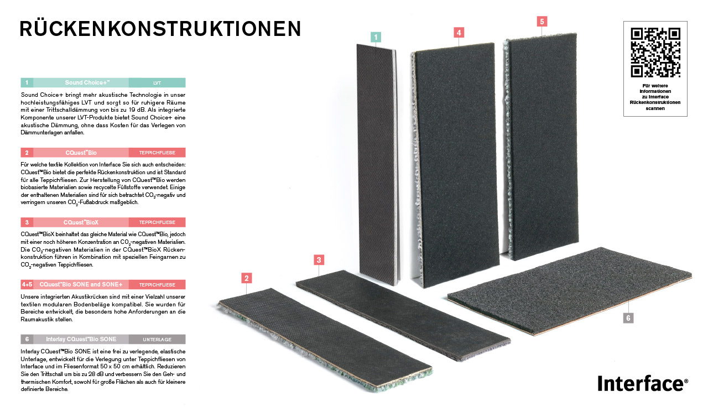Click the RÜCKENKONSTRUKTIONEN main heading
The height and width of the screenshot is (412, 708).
[x=160, y=29]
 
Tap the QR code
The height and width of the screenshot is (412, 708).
[x=655, y=53]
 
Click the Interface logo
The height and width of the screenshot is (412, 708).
[x=643, y=383]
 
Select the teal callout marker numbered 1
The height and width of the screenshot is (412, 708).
[x=376, y=37]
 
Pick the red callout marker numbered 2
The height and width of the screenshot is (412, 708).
[x=247, y=278]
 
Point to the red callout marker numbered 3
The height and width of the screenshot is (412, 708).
[x=319, y=260]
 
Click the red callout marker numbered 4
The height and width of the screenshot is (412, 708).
[x=459, y=32]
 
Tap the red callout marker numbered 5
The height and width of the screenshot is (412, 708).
[x=542, y=22]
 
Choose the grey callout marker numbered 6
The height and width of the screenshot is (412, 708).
[x=628, y=318]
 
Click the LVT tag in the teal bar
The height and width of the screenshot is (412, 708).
[x=157, y=83]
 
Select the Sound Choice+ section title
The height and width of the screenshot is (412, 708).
[x=87, y=82]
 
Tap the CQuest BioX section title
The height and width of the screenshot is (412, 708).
[x=81, y=222]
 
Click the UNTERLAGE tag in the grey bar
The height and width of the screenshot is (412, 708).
[x=157, y=340]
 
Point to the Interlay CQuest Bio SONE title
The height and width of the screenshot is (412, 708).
[x=81, y=339]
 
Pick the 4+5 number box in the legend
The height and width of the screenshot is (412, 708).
[x=27, y=284]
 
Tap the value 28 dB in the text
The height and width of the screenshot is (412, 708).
[x=96, y=374]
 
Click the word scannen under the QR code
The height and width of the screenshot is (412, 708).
[x=655, y=108]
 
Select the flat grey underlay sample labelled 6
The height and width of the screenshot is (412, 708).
[x=570, y=291]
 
